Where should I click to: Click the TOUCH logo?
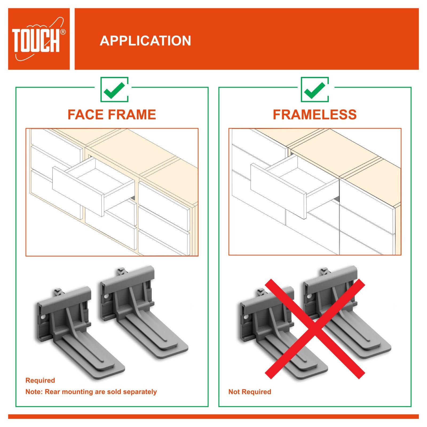[x=39, y=39]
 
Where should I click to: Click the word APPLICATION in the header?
[x=145, y=41]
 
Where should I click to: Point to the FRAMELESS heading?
[x=315, y=115]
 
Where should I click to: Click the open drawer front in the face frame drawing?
[x=78, y=192]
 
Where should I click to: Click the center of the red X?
[x=315, y=329]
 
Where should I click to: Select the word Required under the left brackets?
[x=40, y=380]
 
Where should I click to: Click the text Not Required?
[x=250, y=392]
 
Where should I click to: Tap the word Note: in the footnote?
[x=34, y=392]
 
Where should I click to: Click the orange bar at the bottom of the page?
[x=213, y=416]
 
